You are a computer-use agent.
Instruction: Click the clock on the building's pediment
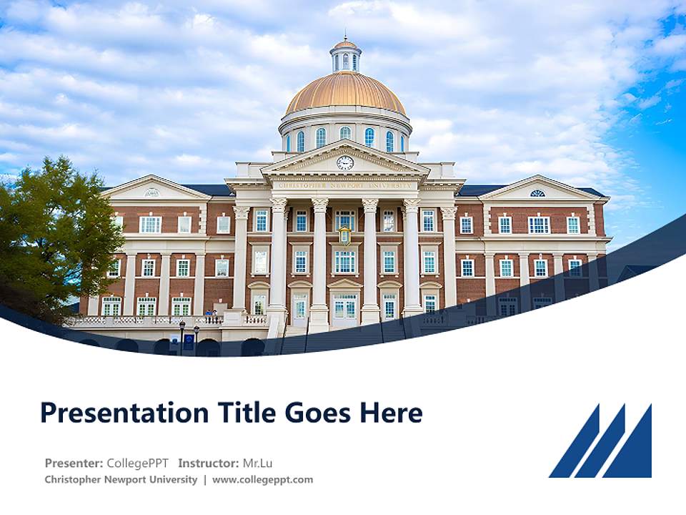point(345,162)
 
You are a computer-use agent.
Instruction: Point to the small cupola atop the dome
point(346,55)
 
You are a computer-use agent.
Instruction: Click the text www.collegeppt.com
point(262,480)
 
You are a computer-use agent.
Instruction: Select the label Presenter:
point(74,463)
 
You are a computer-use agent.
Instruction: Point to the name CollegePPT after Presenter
point(138,463)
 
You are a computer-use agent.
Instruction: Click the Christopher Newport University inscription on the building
point(345,185)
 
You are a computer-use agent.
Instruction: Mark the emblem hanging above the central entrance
point(345,235)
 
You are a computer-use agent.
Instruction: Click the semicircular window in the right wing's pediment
point(537,193)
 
